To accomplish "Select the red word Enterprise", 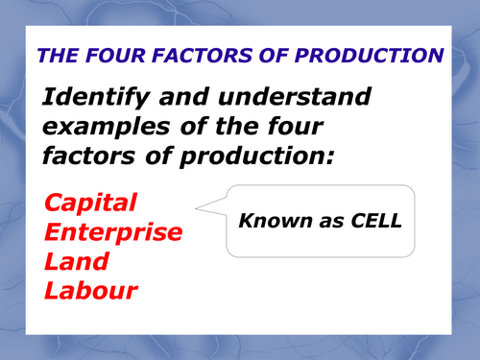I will [113, 232].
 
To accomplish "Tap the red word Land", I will [76, 261].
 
